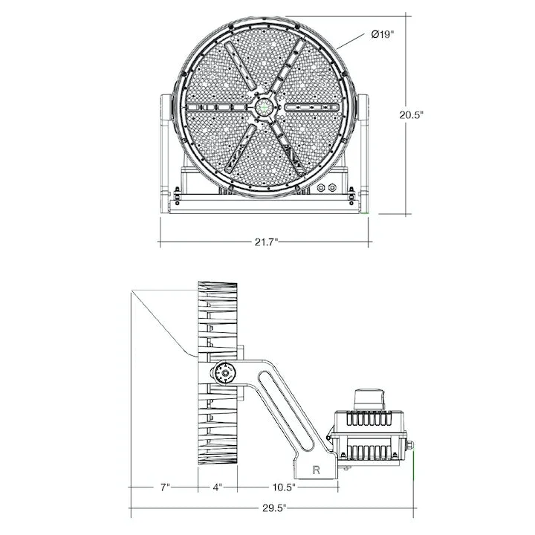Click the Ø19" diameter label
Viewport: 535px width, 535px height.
[383, 34]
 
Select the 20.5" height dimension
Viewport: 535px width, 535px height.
[412, 114]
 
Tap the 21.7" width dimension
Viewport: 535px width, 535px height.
[267, 242]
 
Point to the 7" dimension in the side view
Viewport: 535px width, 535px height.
[165, 487]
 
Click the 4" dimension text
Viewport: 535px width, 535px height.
[217, 487]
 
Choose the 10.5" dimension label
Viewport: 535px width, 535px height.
[284, 487]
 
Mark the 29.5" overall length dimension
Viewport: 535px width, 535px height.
[274, 508]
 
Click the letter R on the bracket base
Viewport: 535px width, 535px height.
[317, 470]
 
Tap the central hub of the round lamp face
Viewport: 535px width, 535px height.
[264, 108]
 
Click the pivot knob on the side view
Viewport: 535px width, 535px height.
[224, 373]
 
